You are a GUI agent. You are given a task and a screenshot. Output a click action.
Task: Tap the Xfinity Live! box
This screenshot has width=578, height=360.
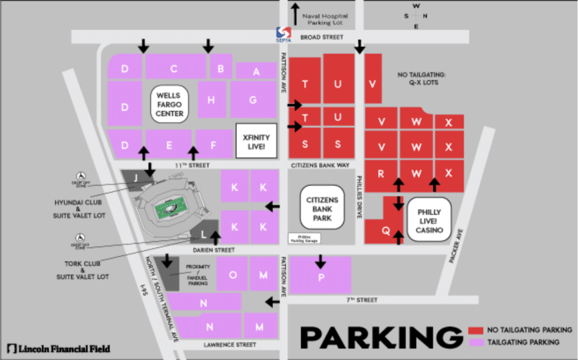[256, 141]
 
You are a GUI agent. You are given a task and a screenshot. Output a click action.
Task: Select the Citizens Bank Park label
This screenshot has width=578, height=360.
[322, 207]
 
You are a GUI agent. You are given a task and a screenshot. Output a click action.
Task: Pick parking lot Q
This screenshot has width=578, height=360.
[386, 230]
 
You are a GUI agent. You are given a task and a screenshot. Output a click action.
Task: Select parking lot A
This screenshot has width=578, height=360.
[256, 71]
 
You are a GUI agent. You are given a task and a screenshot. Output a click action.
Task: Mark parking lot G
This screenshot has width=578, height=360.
[253, 100]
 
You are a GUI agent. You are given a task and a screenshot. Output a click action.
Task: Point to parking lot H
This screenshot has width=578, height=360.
[212, 100]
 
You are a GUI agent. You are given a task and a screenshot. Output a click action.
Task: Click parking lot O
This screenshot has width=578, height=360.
[233, 274]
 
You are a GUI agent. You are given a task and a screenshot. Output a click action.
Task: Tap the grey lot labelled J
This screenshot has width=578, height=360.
[135, 178]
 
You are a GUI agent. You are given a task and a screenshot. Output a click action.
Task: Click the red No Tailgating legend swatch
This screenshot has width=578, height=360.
[476, 330]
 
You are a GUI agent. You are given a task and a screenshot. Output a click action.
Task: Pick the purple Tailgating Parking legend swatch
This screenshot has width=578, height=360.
[476, 342]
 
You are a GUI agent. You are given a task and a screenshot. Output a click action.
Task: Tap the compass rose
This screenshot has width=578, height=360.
[417, 16]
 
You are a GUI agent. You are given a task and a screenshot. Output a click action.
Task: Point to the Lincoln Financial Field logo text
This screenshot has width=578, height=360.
[59, 348]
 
